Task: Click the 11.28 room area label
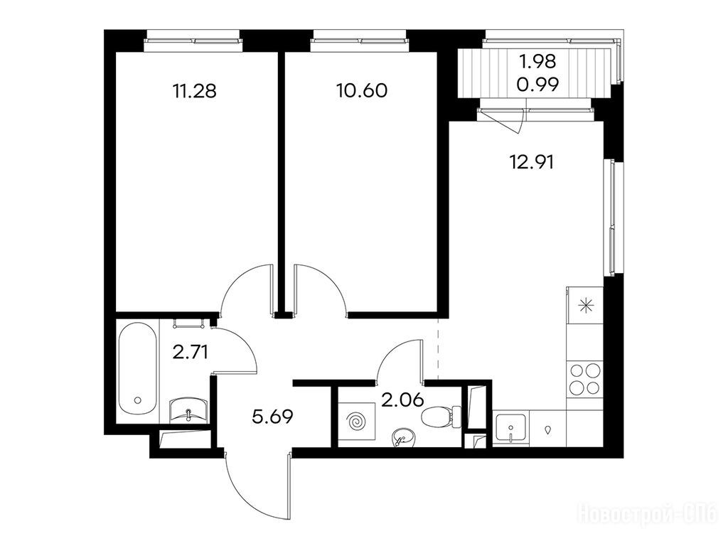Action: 194,91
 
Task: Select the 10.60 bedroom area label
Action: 362,91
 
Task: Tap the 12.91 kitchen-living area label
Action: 532,163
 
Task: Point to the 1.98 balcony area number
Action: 537,61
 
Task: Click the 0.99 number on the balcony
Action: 537,85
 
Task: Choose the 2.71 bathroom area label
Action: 190,353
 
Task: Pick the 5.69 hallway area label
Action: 272,417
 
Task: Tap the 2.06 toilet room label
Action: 402,400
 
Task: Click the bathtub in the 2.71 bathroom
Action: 137,370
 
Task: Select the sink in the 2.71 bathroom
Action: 188,409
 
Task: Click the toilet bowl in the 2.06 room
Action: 441,416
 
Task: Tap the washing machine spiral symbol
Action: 356,422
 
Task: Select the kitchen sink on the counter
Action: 510,429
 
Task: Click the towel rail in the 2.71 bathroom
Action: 189,323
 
